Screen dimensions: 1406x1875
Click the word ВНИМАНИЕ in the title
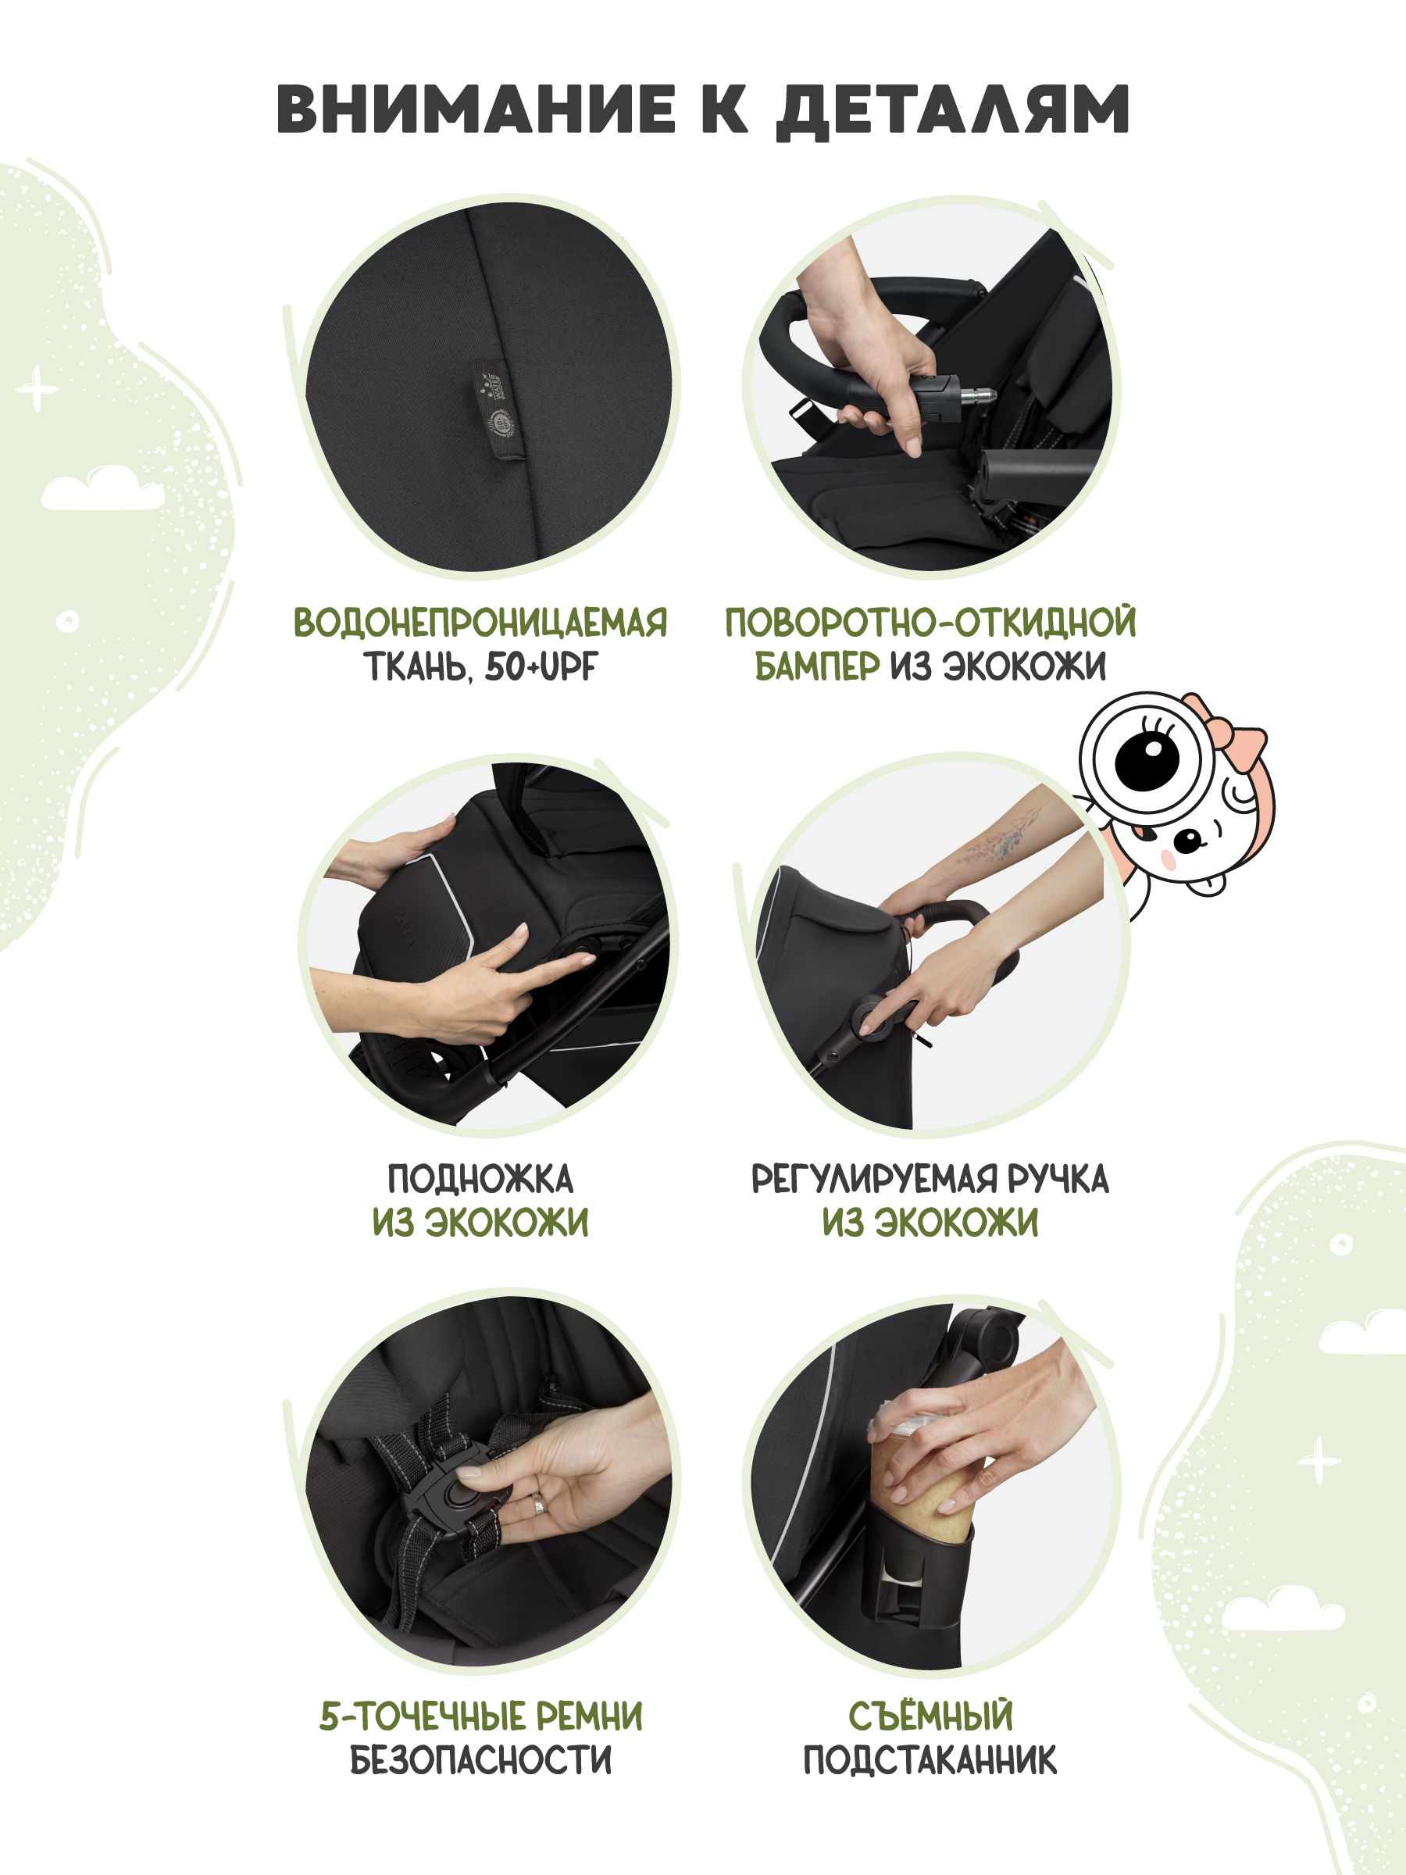476,109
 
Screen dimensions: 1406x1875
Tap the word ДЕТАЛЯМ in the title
953,112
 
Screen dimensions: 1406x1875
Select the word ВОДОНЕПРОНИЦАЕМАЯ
480,623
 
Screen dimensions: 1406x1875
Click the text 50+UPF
541,667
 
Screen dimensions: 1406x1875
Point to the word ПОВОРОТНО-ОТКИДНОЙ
930,623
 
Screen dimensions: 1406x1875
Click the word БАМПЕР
817,667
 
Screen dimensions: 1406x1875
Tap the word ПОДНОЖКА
480,1178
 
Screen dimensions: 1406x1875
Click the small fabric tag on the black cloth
498,409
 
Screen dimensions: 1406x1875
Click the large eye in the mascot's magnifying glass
1147,757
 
